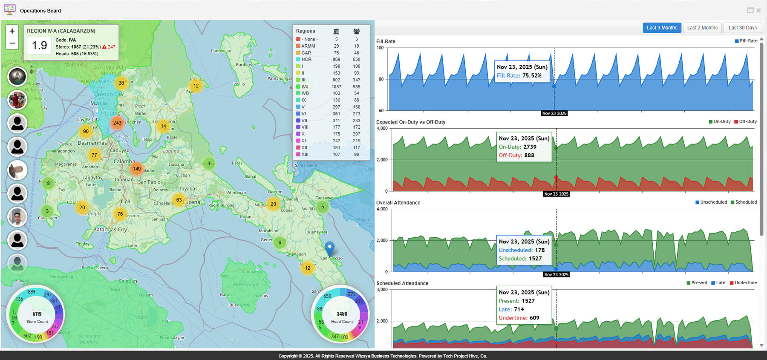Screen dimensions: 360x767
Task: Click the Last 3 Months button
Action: pyautogui.click(x=662, y=28)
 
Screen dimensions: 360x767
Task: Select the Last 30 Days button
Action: pyautogui.click(x=742, y=28)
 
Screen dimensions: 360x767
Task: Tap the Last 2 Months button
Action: pyautogui.click(x=702, y=28)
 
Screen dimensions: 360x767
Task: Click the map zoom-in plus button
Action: pyautogui.click(x=12, y=31)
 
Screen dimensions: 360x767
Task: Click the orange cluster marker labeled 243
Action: pyautogui.click(x=117, y=123)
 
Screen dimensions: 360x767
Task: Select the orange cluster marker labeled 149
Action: pyautogui.click(x=136, y=169)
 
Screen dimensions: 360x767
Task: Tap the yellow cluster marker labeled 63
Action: pyautogui.click(x=179, y=200)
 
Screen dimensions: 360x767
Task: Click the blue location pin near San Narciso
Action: pyautogui.click(x=329, y=248)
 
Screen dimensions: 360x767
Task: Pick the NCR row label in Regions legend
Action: pyautogui.click(x=306, y=60)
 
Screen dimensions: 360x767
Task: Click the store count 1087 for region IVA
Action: pyautogui.click(x=336, y=86)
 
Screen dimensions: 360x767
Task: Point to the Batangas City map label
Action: pyautogui.click(x=110, y=230)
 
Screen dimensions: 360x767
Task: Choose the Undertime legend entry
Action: pyautogui.click(x=746, y=283)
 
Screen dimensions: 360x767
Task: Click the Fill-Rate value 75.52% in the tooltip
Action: pyautogui.click(x=532, y=75)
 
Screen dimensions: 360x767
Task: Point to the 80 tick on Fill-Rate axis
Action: pyautogui.click(x=381, y=79)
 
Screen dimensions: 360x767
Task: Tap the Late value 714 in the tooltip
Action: pyautogui.click(x=519, y=309)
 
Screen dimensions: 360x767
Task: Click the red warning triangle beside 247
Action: pyautogui.click(x=104, y=47)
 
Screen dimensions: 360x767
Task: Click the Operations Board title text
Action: pyautogui.click(x=40, y=11)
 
